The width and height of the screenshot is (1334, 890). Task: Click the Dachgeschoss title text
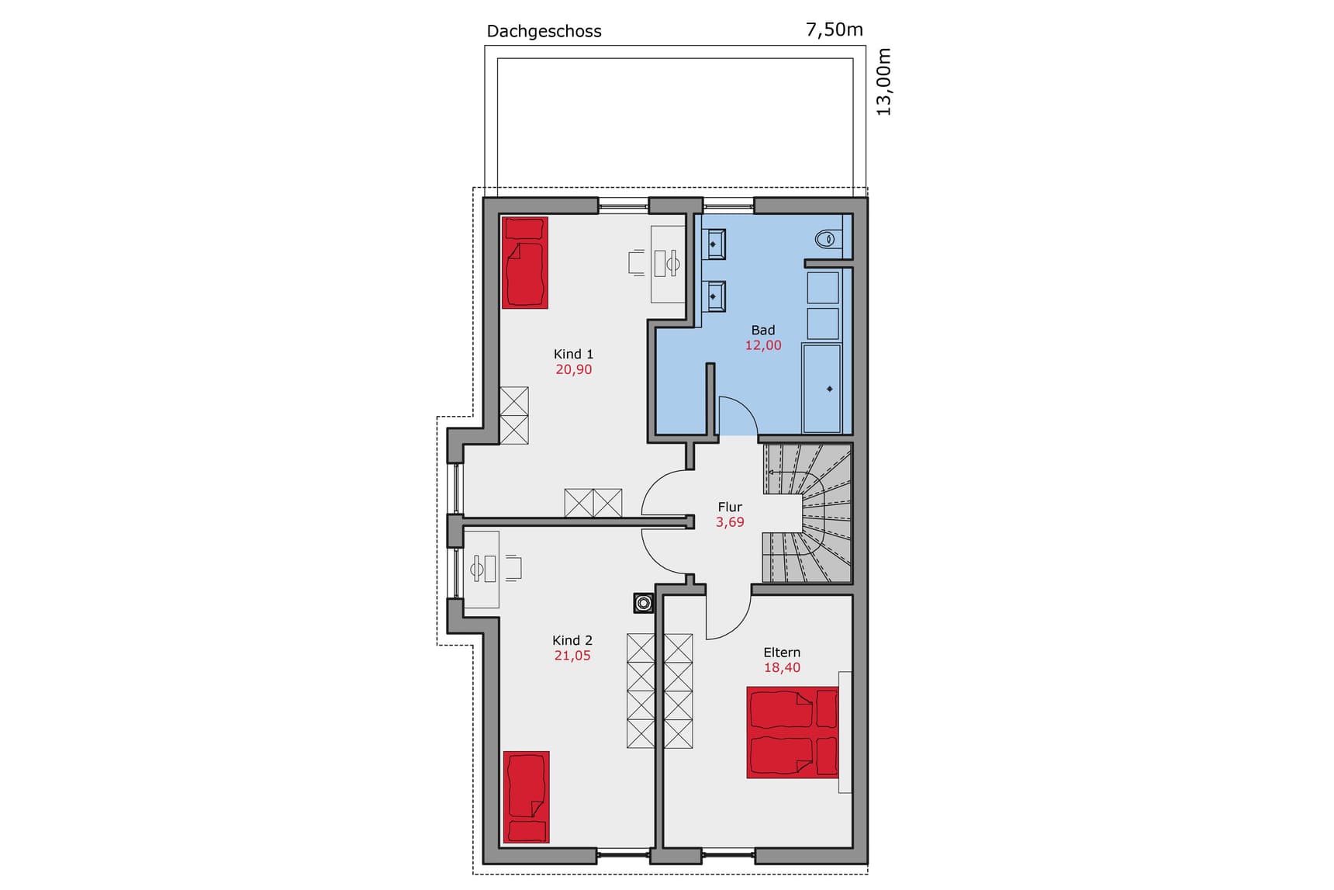(544, 32)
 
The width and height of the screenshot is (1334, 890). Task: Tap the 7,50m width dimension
(834, 30)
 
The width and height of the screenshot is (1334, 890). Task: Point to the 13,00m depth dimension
(884, 82)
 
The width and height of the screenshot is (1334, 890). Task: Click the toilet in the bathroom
(827, 238)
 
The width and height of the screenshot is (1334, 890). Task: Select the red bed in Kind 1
(525, 262)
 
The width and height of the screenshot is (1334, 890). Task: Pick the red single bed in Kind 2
(526, 796)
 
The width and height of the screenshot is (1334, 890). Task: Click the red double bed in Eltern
(792, 732)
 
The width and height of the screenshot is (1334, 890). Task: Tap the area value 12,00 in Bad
(763, 345)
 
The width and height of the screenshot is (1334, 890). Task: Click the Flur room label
(730, 507)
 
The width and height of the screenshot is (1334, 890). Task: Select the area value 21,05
(572, 656)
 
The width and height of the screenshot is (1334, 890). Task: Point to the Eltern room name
(782, 653)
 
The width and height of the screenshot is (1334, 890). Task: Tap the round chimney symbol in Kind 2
(644, 603)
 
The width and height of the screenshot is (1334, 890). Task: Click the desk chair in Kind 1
(637, 263)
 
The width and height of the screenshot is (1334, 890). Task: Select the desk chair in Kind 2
(513, 568)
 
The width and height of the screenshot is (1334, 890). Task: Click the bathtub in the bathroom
(821, 389)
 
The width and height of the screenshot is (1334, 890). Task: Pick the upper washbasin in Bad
(714, 244)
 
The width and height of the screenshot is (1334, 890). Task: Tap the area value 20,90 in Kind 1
(573, 369)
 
